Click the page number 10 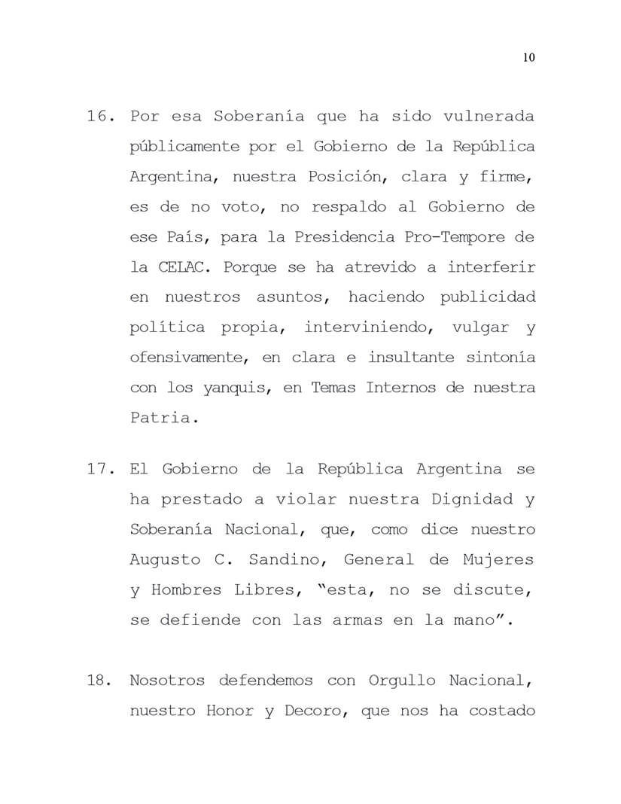528,59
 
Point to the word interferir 492,267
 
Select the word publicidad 488,297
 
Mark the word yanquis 223,388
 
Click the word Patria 160,418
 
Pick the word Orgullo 402,681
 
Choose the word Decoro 312,711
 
